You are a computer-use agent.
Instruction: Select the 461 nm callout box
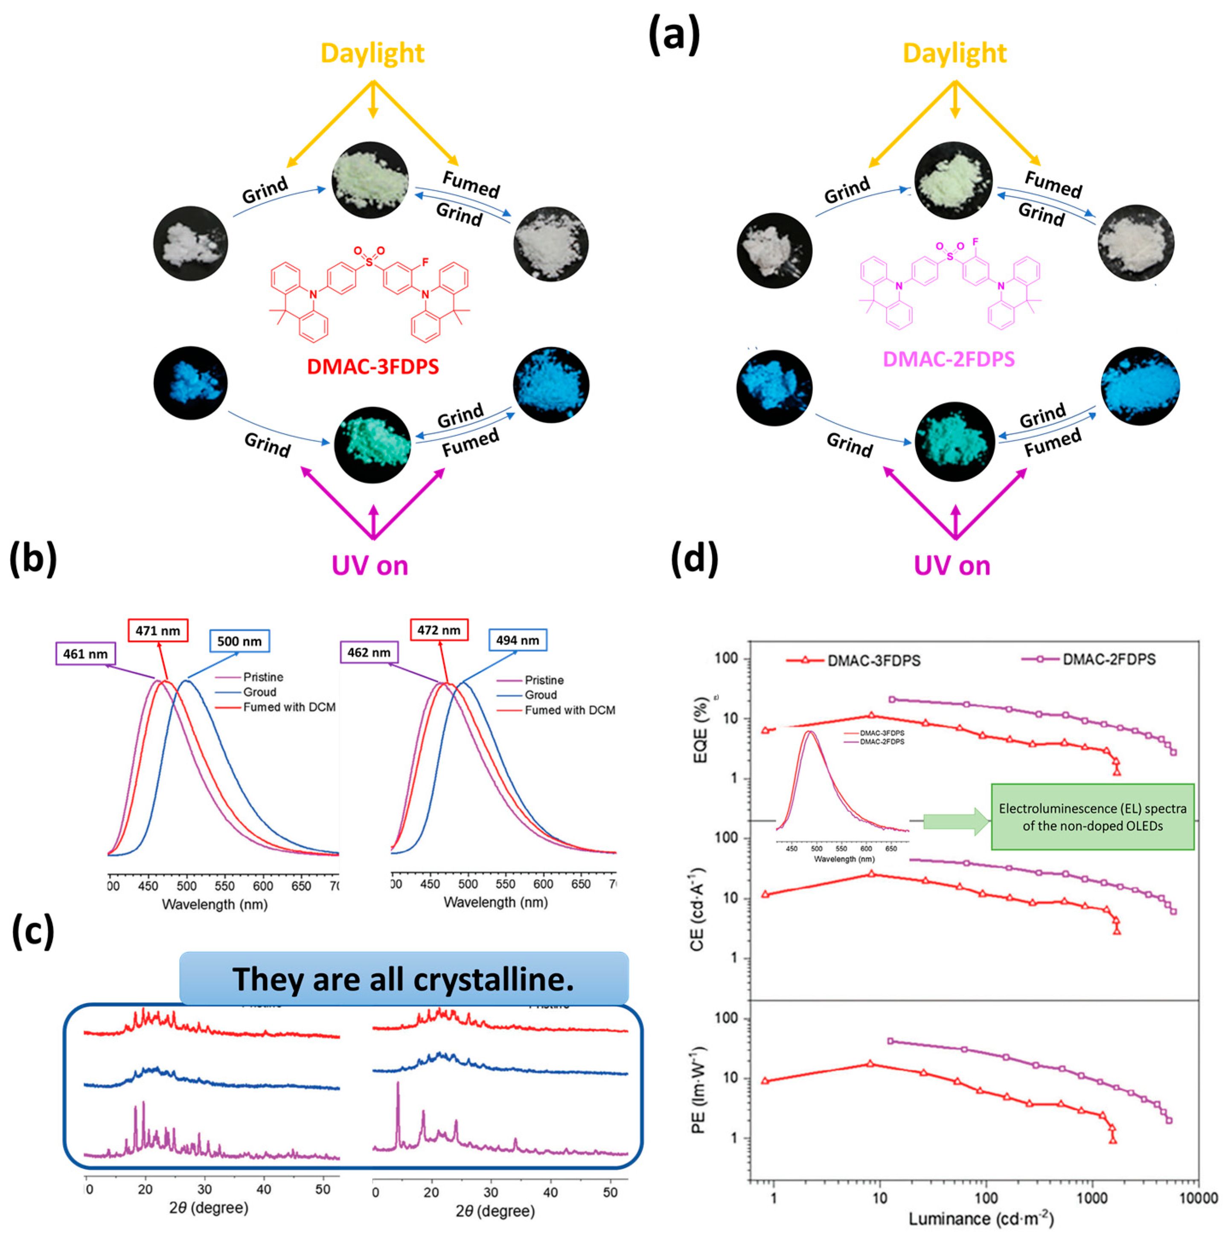pyautogui.click(x=85, y=654)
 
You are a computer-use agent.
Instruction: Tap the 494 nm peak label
pyautogui.click(x=517, y=640)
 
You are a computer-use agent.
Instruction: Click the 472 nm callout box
pyautogui.click(x=439, y=630)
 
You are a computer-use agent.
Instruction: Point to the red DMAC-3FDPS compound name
pyautogui.click(x=373, y=367)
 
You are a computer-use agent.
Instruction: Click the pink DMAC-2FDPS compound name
pyautogui.click(x=948, y=359)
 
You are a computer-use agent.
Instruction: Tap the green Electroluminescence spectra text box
pyautogui.click(x=1092, y=817)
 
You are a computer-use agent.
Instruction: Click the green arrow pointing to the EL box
pyautogui.click(x=956, y=822)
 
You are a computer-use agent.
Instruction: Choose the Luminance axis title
pyautogui.click(x=980, y=1218)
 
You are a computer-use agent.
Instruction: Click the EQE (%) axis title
pyautogui.click(x=702, y=730)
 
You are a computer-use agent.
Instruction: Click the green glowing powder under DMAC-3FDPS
pyautogui.click(x=372, y=445)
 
